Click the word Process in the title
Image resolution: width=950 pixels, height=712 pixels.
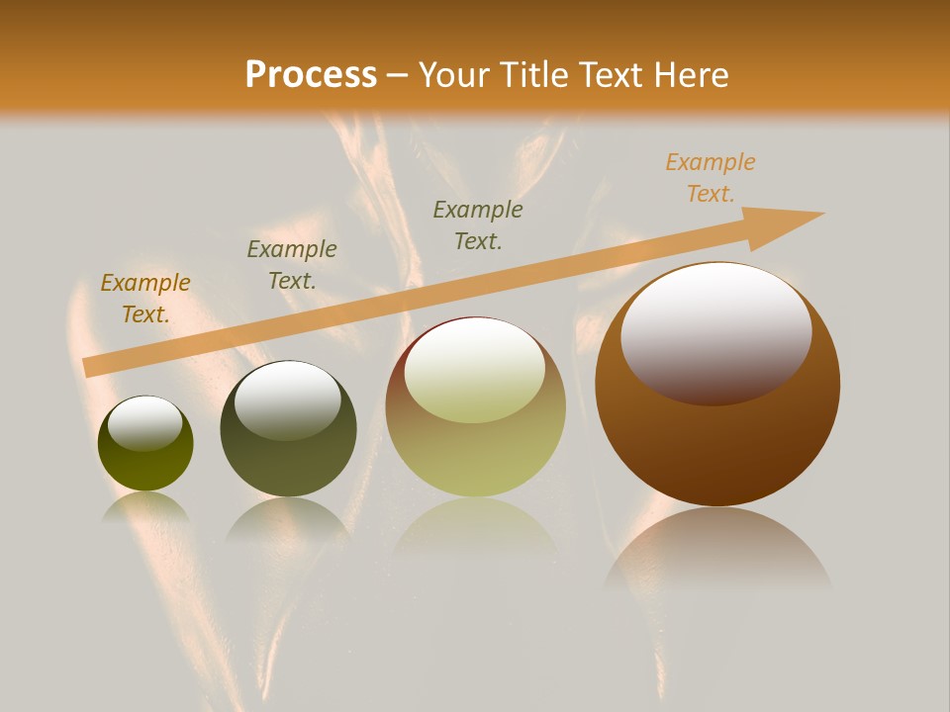click(x=311, y=75)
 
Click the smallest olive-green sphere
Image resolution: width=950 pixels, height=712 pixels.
click(x=145, y=465)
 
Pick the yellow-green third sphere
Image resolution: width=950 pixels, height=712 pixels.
click(x=475, y=455)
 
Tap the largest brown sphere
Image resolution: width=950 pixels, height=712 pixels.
click(x=717, y=445)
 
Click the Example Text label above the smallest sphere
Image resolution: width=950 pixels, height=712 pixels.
click(x=145, y=299)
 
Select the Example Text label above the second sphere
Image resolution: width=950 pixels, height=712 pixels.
click(x=292, y=265)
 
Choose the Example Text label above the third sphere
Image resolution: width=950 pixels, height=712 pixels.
click(x=478, y=224)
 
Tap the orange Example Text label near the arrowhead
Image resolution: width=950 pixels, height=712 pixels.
click(x=711, y=178)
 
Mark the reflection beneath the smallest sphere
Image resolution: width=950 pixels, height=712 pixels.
click(x=145, y=507)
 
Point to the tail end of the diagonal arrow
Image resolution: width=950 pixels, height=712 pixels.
click(x=91, y=367)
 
